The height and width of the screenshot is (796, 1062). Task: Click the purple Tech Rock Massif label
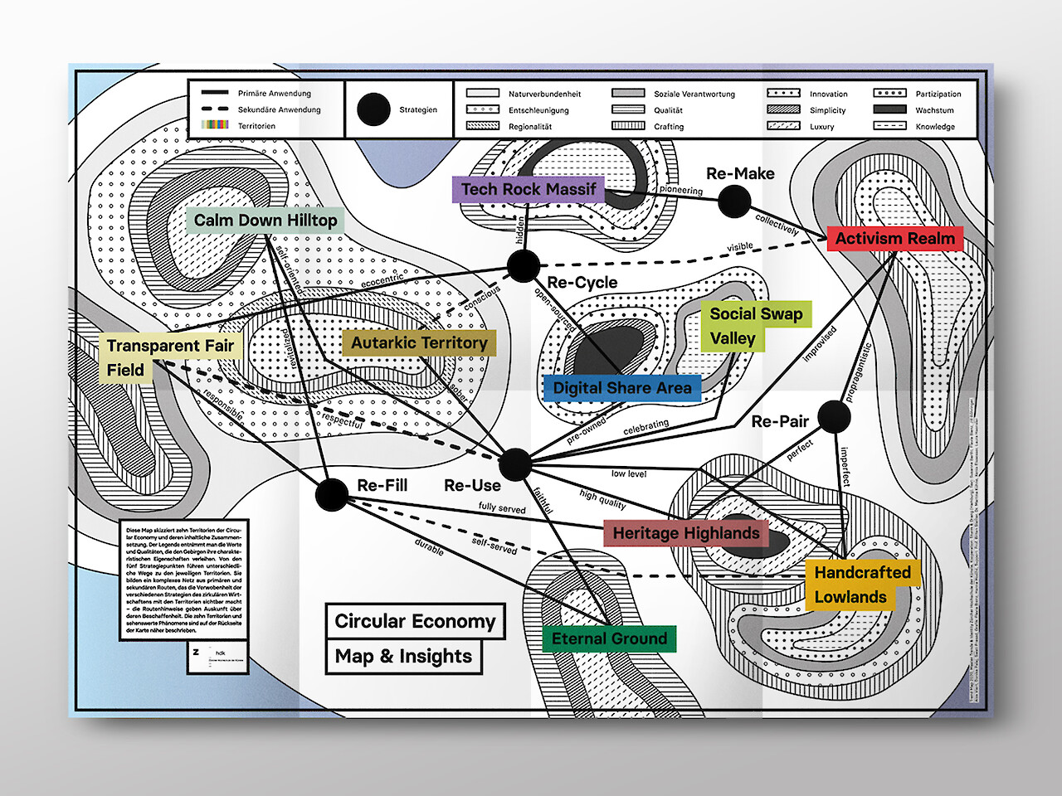coord(529,189)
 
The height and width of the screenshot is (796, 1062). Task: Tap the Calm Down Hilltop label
coord(265,221)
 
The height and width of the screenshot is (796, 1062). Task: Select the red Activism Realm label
coord(894,239)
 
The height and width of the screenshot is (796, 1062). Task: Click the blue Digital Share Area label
coord(621,388)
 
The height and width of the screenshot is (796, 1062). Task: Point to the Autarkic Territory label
coord(419,343)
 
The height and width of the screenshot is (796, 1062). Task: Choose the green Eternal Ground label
coord(609,638)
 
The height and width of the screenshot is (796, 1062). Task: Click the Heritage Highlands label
coord(685,533)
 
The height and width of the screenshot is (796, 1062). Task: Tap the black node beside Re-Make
coord(734,201)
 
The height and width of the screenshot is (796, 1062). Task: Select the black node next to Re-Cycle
coord(524,266)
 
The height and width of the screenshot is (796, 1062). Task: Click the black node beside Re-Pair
coord(834,417)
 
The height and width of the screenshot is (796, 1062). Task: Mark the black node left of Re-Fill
coord(332,494)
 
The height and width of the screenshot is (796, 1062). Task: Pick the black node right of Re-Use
coord(515,464)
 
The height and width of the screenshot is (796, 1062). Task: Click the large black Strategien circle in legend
coord(373,109)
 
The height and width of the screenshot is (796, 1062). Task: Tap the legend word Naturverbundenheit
coord(544,95)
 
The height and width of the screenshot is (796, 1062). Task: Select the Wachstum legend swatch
coord(889,109)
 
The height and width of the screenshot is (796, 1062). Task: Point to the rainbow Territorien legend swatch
coord(215,125)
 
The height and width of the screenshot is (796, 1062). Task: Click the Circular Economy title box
coord(415,621)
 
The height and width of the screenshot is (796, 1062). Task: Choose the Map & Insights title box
coord(403,657)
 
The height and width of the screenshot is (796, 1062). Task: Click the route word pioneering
coord(681,190)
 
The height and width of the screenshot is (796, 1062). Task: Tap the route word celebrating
coord(645,427)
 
